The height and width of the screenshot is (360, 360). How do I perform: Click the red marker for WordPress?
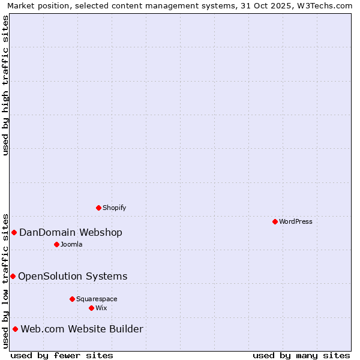pos(275,221)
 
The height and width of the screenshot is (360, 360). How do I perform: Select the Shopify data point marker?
pos(98,208)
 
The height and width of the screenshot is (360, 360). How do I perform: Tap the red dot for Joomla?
pos(56,244)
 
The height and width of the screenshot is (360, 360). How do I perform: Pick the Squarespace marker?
pos(72,299)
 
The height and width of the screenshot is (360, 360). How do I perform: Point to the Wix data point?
pos(91,308)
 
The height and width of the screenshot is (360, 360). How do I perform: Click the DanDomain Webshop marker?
pos(14,232)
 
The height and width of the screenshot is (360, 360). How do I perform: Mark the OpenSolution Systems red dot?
pos(13,276)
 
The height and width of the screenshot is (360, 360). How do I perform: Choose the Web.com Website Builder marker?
pos(15,329)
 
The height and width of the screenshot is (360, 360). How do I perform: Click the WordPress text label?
pos(296,221)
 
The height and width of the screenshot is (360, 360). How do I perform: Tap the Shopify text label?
pos(114,208)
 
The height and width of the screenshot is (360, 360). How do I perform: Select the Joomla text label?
pos(71,244)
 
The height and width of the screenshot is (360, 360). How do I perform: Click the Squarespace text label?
pos(97,299)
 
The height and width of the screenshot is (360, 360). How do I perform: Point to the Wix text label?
pos(101,308)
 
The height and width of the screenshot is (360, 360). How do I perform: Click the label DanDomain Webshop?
pos(71,233)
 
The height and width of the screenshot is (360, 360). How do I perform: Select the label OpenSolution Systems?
pos(73,277)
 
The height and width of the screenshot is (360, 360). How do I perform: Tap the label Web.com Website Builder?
pos(82,329)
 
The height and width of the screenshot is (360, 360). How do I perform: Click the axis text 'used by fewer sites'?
pos(62,355)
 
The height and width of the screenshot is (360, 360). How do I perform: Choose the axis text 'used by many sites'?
pos(301,355)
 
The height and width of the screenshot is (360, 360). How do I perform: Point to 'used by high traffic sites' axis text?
pos(5,85)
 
